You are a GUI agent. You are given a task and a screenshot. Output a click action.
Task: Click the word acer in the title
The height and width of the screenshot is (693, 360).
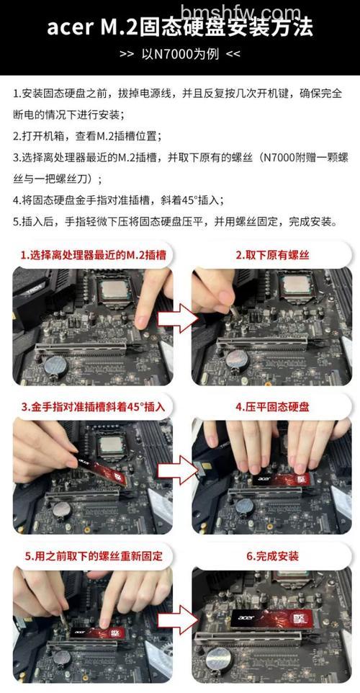[68, 28]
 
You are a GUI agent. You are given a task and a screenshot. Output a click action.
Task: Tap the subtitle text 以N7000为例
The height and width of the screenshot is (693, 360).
[180, 54]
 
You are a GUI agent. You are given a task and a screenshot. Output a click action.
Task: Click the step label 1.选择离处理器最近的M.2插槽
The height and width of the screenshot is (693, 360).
[93, 256]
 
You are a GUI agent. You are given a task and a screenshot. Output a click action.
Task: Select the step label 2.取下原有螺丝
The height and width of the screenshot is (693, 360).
[272, 256]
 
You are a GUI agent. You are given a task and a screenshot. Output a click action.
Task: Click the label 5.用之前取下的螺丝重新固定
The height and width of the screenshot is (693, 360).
[93, 556]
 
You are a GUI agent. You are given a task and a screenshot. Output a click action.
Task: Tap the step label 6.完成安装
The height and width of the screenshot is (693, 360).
[272, 556]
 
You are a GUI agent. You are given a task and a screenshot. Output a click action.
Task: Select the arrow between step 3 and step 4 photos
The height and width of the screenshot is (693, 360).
[178, 470]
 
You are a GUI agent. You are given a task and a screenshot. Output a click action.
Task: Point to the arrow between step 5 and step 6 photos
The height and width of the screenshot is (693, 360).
[178, 620]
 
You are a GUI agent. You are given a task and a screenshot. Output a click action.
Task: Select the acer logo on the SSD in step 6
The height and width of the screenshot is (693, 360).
[246, 617]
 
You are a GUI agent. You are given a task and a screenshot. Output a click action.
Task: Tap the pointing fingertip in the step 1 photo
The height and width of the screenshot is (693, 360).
[141, 321]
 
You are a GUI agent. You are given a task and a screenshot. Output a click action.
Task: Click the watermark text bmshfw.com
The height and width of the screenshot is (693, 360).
[241, 12]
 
